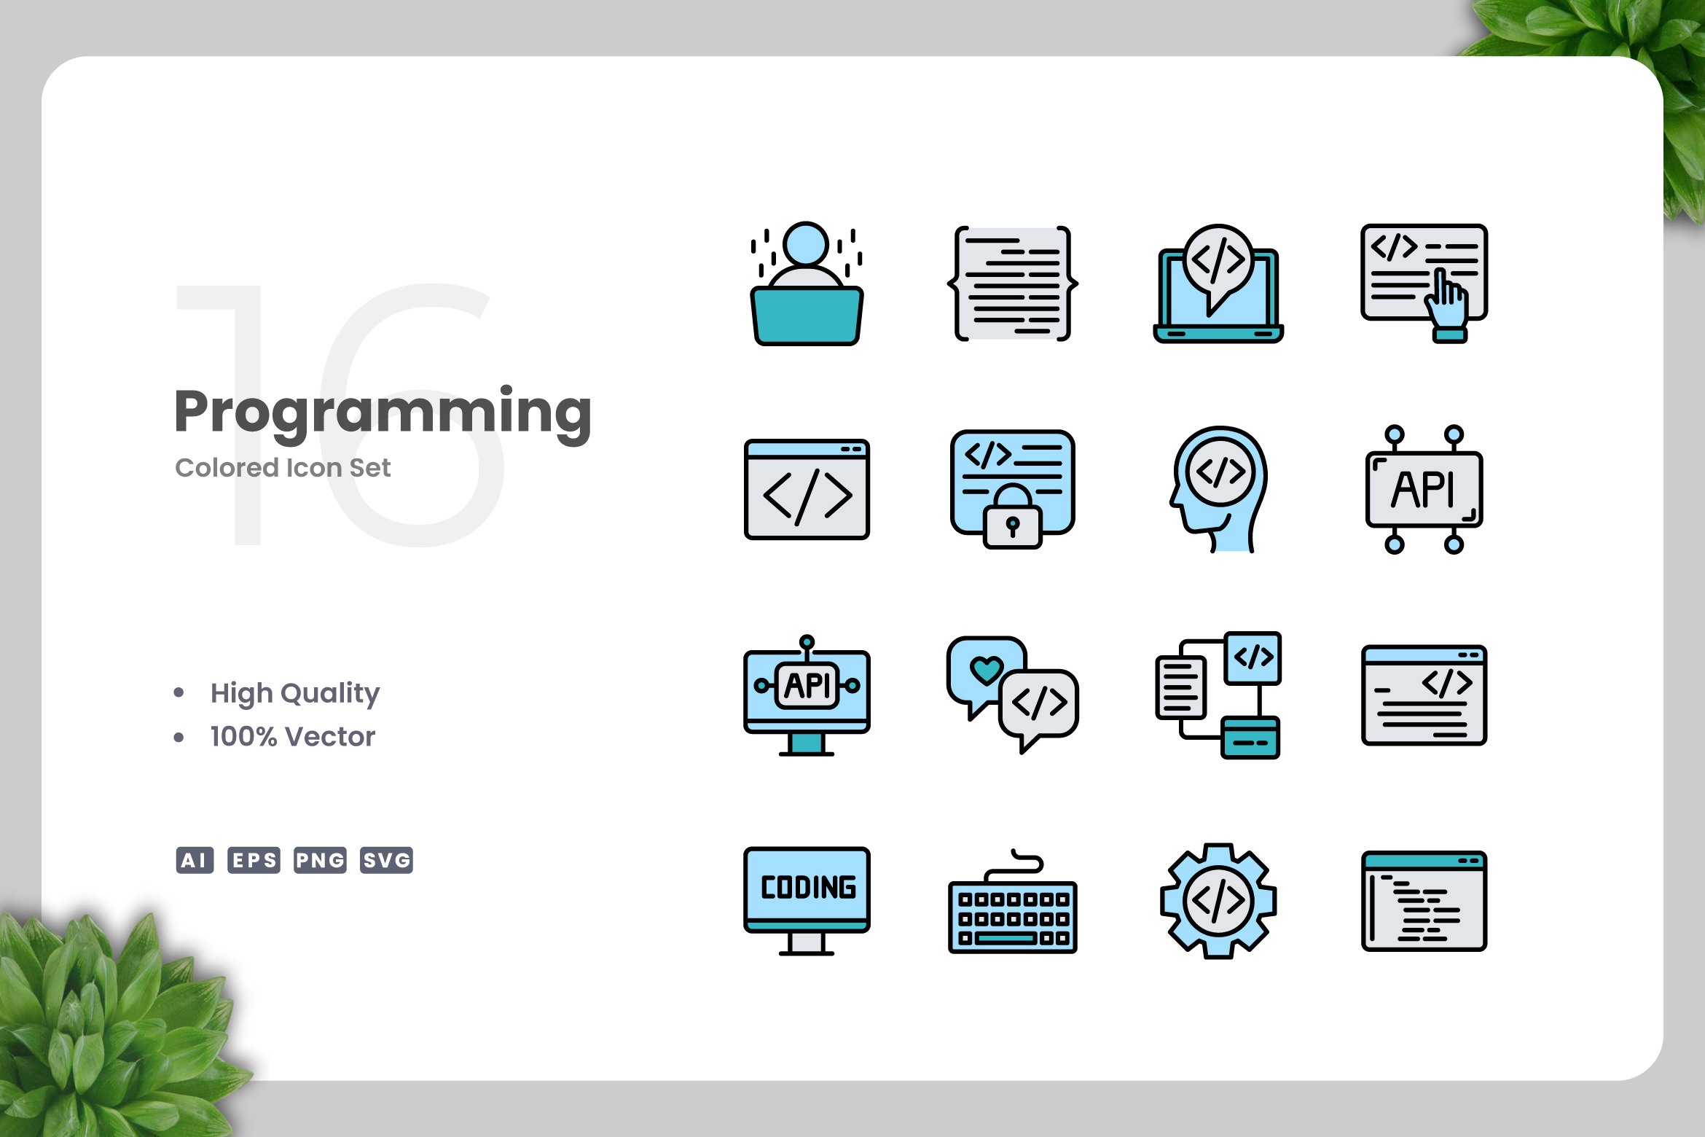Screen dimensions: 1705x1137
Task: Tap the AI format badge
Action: point(195,860)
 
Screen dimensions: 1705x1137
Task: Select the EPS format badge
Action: point(254,860)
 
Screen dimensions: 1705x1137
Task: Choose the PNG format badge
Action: point(320,860)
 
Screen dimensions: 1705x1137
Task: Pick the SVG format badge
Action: point(386,860)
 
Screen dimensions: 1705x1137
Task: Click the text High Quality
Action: point(295,693)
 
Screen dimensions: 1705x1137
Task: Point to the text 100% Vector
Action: point(293,737)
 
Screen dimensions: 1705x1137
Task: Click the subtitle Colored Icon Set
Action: point(283,467)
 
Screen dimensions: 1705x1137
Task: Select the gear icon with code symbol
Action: point(1218,901)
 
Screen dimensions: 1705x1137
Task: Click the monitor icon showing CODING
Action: point(807,901)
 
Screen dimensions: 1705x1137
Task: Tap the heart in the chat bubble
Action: point(987,670)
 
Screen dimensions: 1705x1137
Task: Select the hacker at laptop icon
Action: point(807,284)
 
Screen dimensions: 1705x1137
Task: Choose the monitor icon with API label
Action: point(807,695)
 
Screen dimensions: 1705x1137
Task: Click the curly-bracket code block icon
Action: point(1013,284)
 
